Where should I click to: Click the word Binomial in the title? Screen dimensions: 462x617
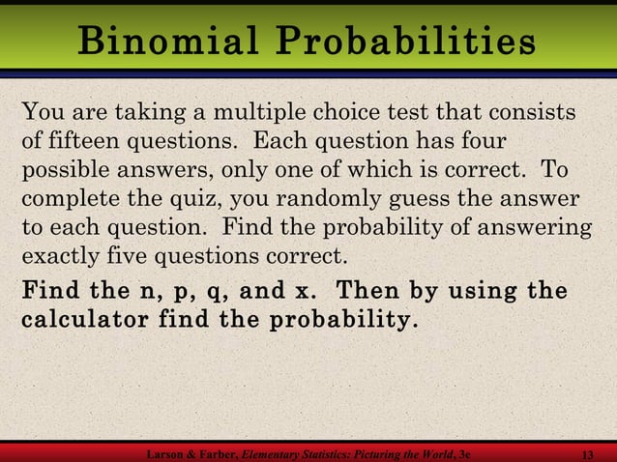(x=171, y=43)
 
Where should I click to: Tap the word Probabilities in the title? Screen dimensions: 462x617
(x=405, y=43)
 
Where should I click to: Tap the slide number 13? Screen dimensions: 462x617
(x=583, y=454)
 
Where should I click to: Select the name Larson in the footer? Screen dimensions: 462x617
(x=165, y=454)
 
